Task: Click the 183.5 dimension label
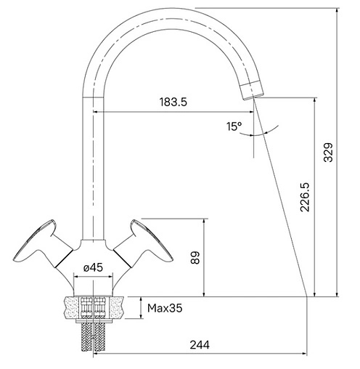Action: point(173,102)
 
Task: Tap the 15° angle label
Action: point(234,126)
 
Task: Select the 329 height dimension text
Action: point(328,153)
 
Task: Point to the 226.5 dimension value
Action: point(305,198)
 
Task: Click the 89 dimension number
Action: point(195,258)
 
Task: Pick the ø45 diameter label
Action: point(93,267)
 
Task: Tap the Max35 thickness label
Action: point(165,308)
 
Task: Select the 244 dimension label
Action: point(200,345)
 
